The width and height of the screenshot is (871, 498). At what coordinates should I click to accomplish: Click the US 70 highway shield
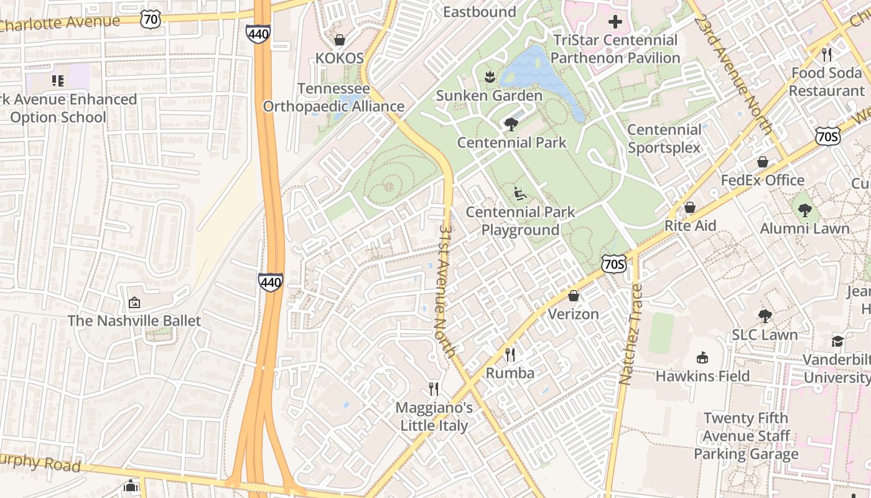[x=150, y=19]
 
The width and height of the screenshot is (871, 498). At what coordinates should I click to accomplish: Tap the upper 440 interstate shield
[x=258, y=33]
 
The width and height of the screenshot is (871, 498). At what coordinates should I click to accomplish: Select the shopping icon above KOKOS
[x=339, y=40]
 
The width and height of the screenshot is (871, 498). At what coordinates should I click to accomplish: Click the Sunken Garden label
[x=489, y=96]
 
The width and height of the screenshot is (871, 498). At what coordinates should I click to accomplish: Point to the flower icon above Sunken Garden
[x=489, y=78]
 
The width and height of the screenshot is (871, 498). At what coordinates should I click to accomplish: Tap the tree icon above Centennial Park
[x=511, y=125]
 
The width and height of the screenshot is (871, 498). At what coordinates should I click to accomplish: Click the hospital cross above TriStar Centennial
[x=615, y=22]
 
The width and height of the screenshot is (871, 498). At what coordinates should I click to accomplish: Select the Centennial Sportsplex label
[x=664, y=139]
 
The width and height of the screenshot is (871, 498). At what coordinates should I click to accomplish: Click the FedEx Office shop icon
[x=762, y=162]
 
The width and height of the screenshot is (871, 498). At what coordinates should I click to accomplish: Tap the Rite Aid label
[x=691, y=225]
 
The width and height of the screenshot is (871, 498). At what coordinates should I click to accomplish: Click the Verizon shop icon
[x=573, y=296]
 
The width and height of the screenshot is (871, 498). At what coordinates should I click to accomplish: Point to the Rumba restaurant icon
[x=510, y=355]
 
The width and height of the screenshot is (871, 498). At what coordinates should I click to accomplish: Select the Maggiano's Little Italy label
[x=434, y=417]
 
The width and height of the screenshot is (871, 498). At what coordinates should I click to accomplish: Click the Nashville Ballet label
[x=134, y=321]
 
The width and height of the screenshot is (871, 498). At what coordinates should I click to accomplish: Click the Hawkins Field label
[x=702, y=376]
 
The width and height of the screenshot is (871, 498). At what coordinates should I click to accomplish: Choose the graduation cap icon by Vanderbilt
[x=837, y=342]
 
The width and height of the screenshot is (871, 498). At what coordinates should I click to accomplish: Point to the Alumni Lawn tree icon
[x=804, y=210]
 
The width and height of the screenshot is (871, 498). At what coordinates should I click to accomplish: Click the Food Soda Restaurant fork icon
[x=826, y=55]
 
